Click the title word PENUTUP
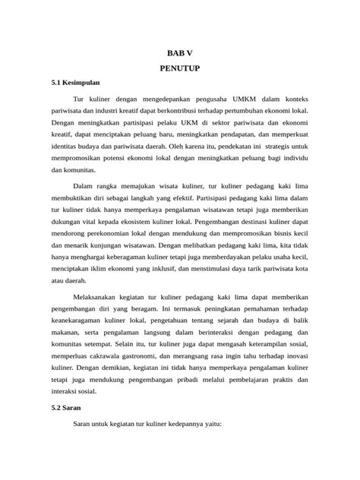click(x=179, y=67)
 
